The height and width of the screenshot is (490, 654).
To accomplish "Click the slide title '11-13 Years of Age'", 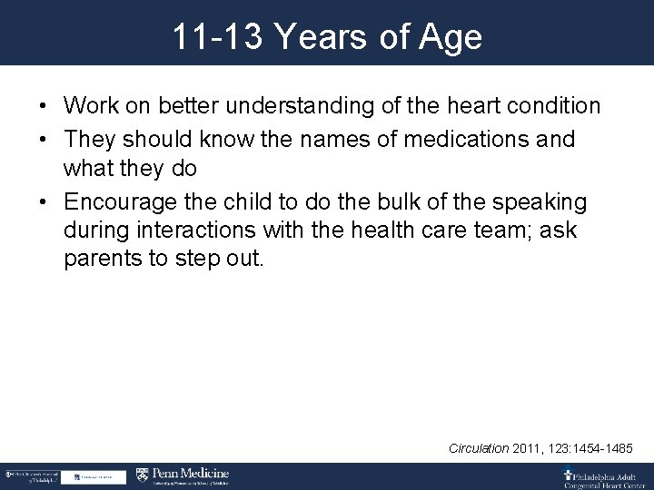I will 327,38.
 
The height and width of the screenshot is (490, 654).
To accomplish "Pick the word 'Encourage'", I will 122,201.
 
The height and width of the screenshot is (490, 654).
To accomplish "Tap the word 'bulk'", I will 374,201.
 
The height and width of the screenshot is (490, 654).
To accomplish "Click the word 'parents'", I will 104,258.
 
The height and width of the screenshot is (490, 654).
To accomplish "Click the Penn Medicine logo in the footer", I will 182,475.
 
